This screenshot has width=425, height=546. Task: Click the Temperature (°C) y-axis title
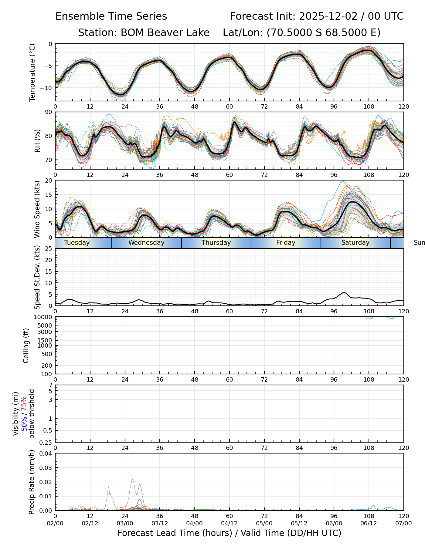(32, 72)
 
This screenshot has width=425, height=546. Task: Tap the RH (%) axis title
(37, 140)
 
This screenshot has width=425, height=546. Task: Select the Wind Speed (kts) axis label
(37, 209)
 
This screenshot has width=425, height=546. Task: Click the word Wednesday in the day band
(146, 243)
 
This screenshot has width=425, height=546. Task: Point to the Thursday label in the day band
(216, 243)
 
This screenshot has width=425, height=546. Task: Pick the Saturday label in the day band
(355, 243)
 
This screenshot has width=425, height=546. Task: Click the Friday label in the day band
(286, 243)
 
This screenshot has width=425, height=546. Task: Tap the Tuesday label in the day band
(77, 243)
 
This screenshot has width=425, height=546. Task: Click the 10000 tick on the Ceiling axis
(44, 317)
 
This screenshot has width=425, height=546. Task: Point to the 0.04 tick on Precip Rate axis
(46, 453)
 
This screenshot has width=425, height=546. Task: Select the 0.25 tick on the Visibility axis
(46, 442)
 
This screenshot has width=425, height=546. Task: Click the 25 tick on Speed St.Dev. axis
(49, 249)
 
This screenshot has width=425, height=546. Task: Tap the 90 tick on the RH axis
(49, 112)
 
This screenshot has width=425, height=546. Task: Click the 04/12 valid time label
(229, 523)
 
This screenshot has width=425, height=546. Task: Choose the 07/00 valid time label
(403, 523)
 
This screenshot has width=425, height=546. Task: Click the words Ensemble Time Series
(111, 16)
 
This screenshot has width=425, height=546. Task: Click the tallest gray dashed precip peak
(132, 480)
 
